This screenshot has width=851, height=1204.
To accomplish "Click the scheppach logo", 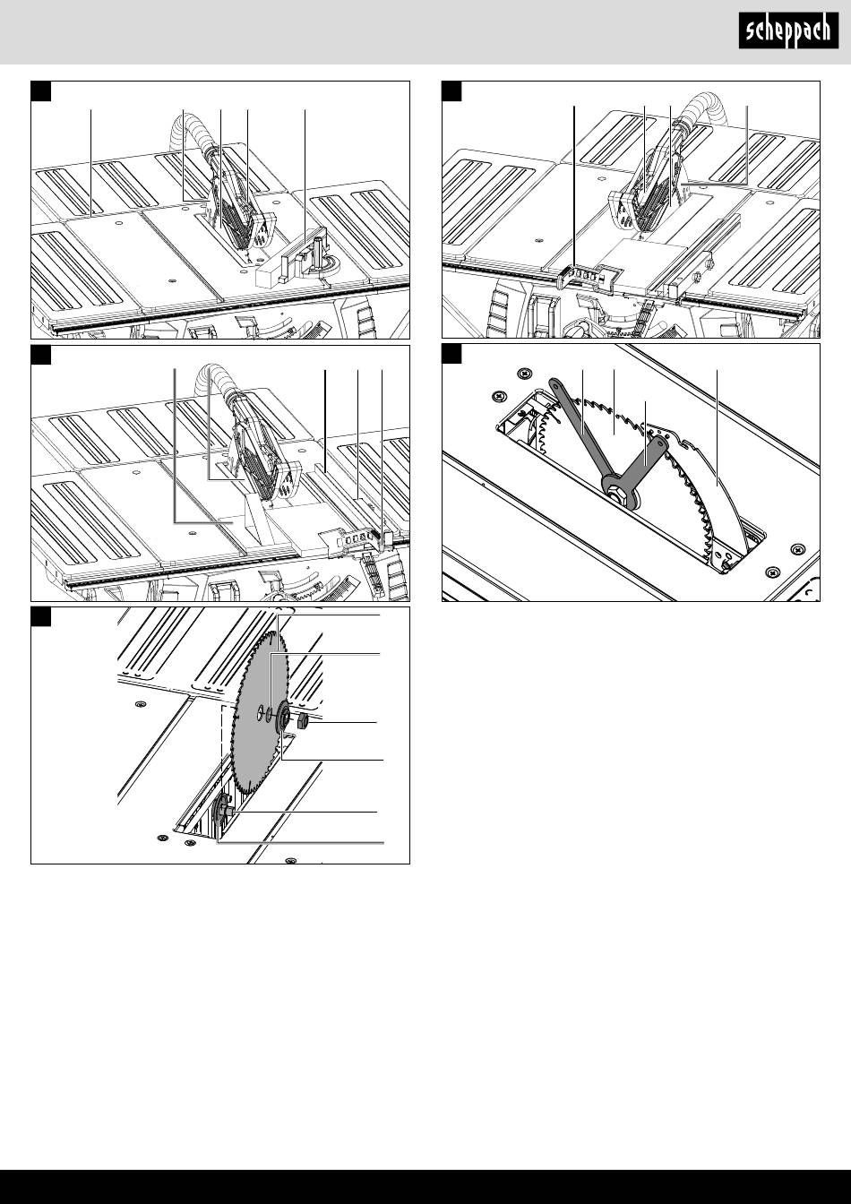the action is tap(788, 30).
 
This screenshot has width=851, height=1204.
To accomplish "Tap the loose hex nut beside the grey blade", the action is tap(302, 722).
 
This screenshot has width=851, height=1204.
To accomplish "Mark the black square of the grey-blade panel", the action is tap(41, 616).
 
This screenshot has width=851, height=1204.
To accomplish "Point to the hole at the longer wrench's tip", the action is tap(554, 383).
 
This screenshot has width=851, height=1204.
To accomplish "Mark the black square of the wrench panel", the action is tap(451, 354).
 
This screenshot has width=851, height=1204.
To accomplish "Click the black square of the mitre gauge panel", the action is tap(41, 90).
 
